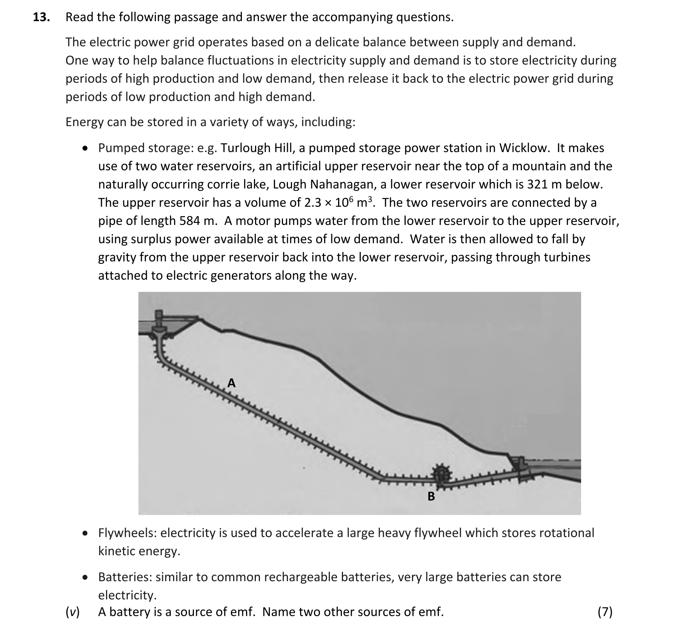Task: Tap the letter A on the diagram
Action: coord(231,383)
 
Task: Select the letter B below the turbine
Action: coord(431,496)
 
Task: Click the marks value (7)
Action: coord(605,612)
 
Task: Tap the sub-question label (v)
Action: coord(72,612)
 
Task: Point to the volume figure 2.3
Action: coord(312,203)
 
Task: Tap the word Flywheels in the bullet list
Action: coord(128,533)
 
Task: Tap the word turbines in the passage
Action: coord(567,257)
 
